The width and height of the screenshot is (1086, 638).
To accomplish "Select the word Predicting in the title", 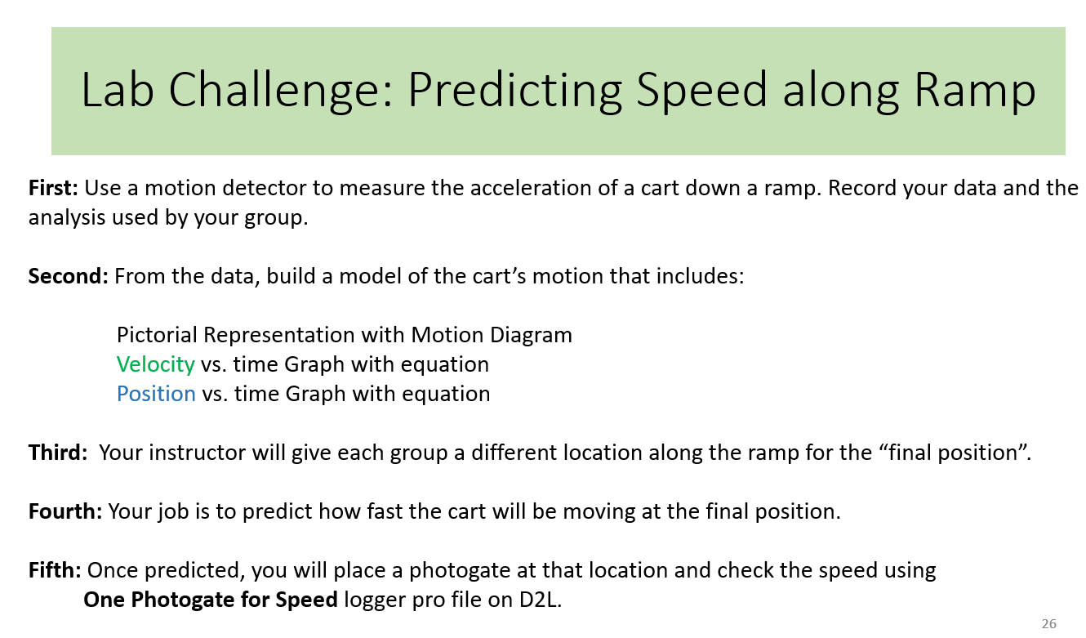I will click(x=514, y=91).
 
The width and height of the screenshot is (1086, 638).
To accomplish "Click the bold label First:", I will click(x=53, y=188).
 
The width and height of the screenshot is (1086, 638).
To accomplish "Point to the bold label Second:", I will click(x=68, y=276).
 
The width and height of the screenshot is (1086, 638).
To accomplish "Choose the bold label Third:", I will click(x=58, y=453).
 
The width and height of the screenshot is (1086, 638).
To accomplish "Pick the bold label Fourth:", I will click(x=65, y=511).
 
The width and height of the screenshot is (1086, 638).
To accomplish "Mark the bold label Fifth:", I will click(x=55, y=570).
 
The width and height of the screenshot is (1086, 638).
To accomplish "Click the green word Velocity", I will click(x=155, y=364).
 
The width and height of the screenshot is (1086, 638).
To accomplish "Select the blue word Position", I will click(x=156, y=394).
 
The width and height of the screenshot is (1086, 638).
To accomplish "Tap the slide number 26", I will click(x=1048, y=624).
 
